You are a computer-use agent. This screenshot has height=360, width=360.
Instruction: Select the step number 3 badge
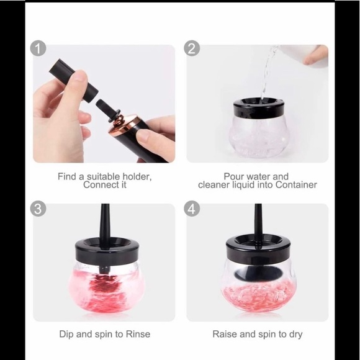[x=39, y=209]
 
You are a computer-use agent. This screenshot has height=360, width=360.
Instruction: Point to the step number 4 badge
[x=192, y=209]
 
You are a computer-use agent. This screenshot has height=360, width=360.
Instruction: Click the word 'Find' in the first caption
[x=68, y=176]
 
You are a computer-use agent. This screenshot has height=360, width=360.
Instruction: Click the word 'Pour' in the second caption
[x=235, y=176]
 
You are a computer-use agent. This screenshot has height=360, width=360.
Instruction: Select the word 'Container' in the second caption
[x=295, y=185]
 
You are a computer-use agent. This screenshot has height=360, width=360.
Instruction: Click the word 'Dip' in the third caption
[x=67, y=334]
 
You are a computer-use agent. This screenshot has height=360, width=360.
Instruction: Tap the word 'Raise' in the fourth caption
[x=225, y=334]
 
